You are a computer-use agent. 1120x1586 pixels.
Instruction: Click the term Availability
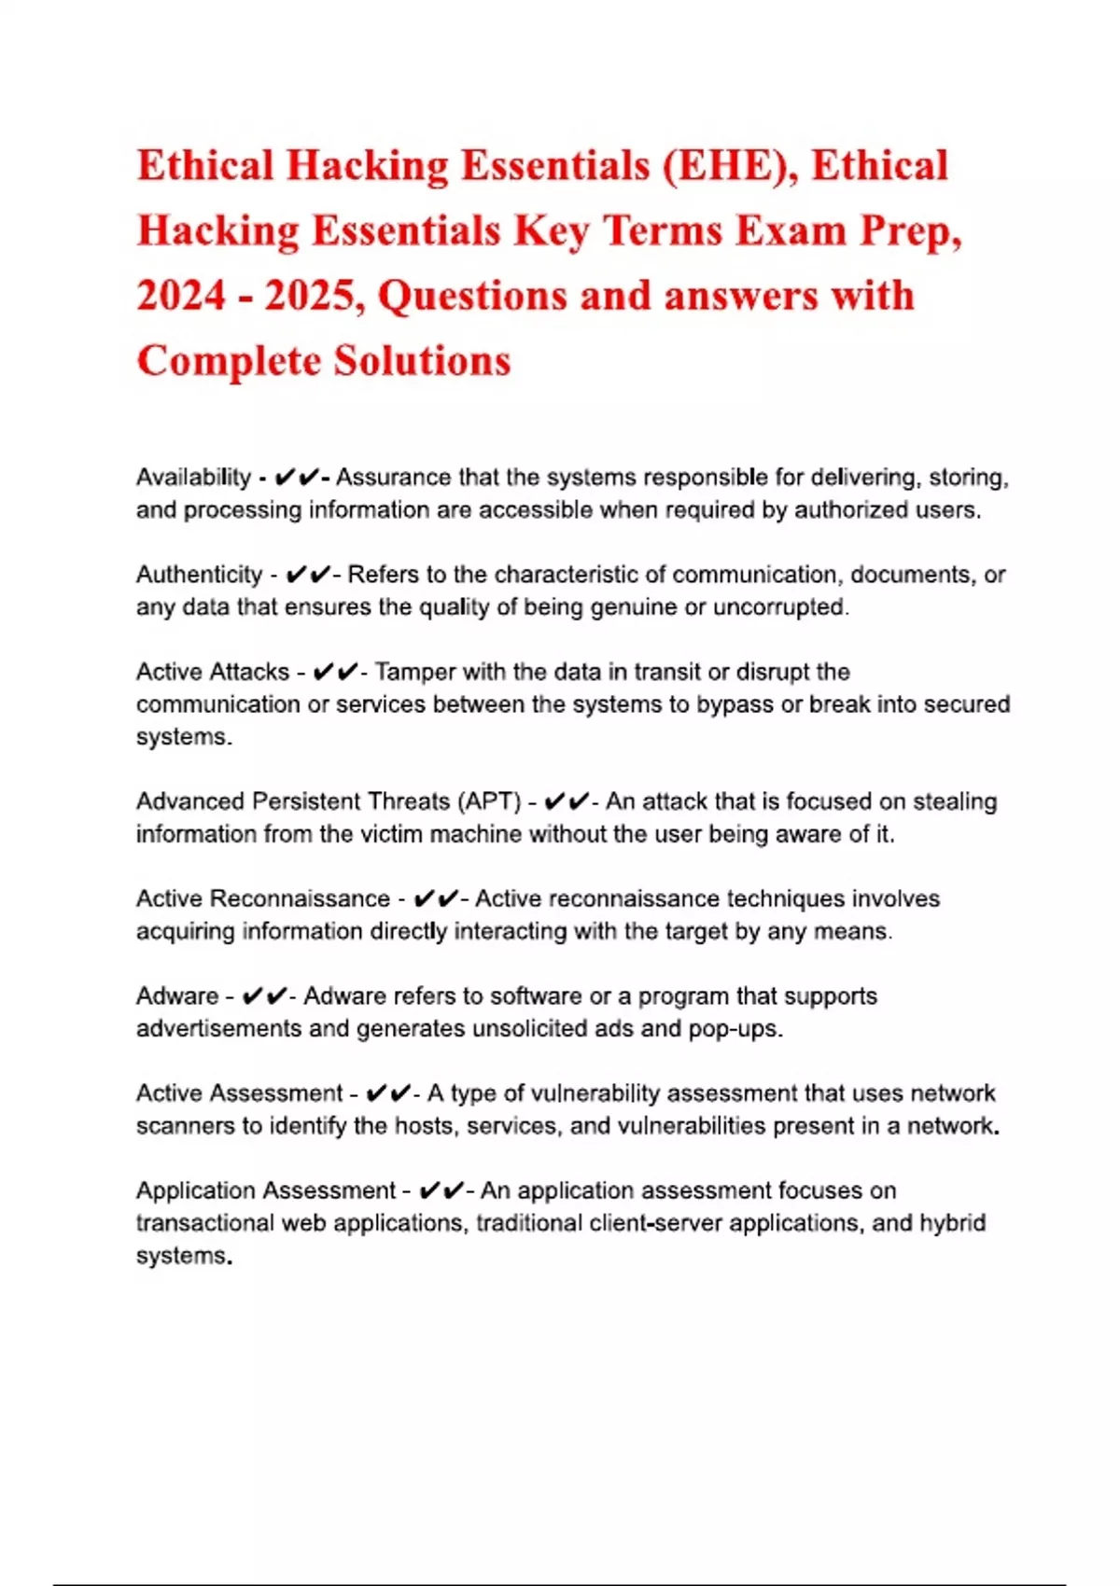[x=193, y=478]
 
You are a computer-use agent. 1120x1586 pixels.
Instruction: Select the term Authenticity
[x=199, y=575]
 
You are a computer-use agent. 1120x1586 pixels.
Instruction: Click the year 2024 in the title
[x=181, y=297]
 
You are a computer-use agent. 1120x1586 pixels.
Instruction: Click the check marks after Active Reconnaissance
[x=436, y=898]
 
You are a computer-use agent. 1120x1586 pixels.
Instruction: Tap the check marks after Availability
[x=298, y=478]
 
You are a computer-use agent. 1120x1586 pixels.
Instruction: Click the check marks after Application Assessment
[x=441, y=1190]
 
